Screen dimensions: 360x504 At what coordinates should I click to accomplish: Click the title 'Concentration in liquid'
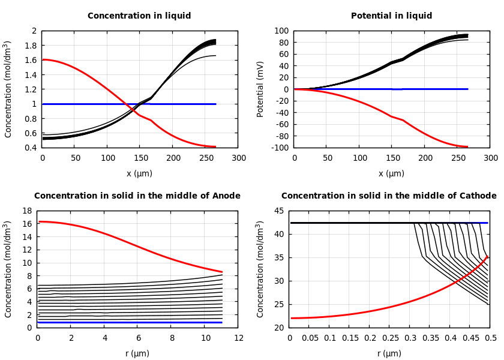tap(139, 16)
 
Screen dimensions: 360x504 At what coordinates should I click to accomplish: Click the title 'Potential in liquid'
tap(391, 16)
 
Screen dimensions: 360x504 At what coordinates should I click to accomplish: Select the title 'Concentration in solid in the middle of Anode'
tap(137, 196)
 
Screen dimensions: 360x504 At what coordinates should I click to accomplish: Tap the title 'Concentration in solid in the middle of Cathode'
tap(389, 196)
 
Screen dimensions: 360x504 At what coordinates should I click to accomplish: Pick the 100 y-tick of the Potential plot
tap(282, 31)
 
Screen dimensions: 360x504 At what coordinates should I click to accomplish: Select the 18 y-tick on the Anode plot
tap(27, 211)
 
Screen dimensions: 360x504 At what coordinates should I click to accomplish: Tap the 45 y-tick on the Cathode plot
tap(279, 211)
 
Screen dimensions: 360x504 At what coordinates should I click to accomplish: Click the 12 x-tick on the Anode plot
tap(239, 338)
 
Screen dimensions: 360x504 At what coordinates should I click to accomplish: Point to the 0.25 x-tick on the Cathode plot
tap(390, 338)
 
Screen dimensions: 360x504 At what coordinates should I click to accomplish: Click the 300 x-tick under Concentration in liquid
tap(239, 158)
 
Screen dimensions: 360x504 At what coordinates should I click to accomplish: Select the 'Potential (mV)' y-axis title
tap(260, 89)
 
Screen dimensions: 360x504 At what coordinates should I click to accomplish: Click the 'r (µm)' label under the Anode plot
tap(137, 353)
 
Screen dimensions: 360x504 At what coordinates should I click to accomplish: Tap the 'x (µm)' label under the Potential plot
tap(391, 173)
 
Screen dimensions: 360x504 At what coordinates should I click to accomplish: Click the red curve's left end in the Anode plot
tap(40, 221)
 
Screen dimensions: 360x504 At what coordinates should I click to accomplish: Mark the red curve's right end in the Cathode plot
tap(487, 256)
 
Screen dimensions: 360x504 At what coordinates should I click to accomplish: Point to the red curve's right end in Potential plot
tap(467, 146)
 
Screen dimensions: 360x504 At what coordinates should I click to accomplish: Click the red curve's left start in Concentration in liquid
tap(43, 59)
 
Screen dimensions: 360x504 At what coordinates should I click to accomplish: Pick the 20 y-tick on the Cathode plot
tap(279, 328)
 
